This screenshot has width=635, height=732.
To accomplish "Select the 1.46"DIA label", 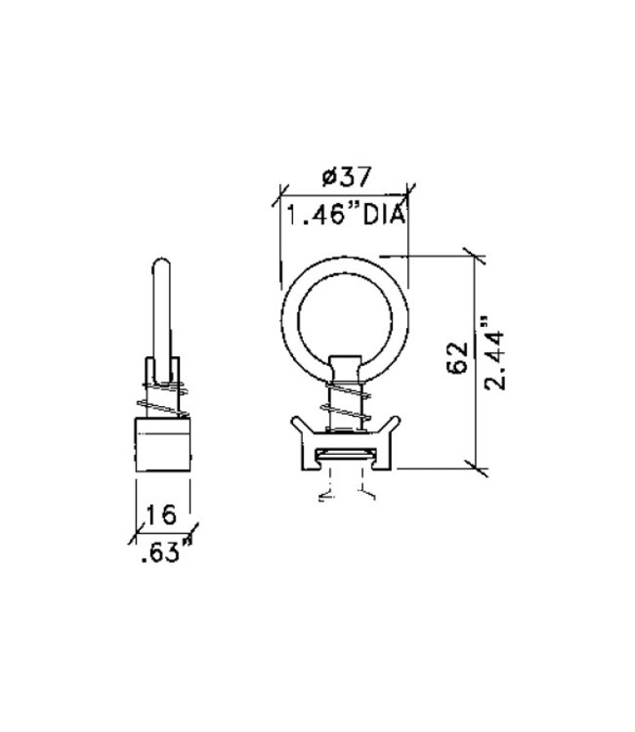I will click(343, 216).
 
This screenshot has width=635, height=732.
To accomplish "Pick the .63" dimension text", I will click(160, 554).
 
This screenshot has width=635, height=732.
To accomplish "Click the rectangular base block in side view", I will click(161, 443).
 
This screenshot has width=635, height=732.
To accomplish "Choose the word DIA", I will click(383, 216).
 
